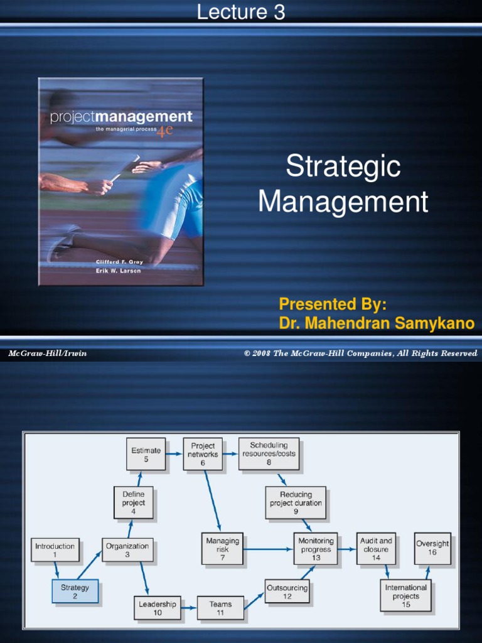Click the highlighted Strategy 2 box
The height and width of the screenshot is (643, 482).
click(x=75, y=592)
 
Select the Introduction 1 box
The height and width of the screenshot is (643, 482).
click(x=55, y=550)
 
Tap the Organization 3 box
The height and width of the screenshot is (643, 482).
click(x=127, y=550)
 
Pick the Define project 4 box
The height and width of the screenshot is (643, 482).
click(x=133, y=502)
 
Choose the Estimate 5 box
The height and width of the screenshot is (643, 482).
click(x=146, y=454)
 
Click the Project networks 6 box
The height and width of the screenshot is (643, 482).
click(x=203, y=454)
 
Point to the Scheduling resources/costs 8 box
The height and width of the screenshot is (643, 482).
click(x=269, y=453)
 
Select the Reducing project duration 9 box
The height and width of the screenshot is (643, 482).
click(x=296, y=502)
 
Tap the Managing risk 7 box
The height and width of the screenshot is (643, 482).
click(x=223, y=549)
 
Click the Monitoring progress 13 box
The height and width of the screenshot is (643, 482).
click(x=316, y=549)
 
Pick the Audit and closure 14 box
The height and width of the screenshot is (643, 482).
click(x=376, y=549)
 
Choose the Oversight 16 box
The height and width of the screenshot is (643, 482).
click(x=432, y=548)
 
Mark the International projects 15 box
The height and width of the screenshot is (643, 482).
click(x=405, y=596)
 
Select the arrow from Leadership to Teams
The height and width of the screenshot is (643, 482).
click(x=189, y=608)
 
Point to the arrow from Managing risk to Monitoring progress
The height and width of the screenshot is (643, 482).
click(x=269, y=549)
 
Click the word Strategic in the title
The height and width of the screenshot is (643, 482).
click(x=343, y=167)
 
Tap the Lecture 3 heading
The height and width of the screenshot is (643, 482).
click(x=241, y=12)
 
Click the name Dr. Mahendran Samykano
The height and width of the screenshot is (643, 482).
click(x=377, y=323)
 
